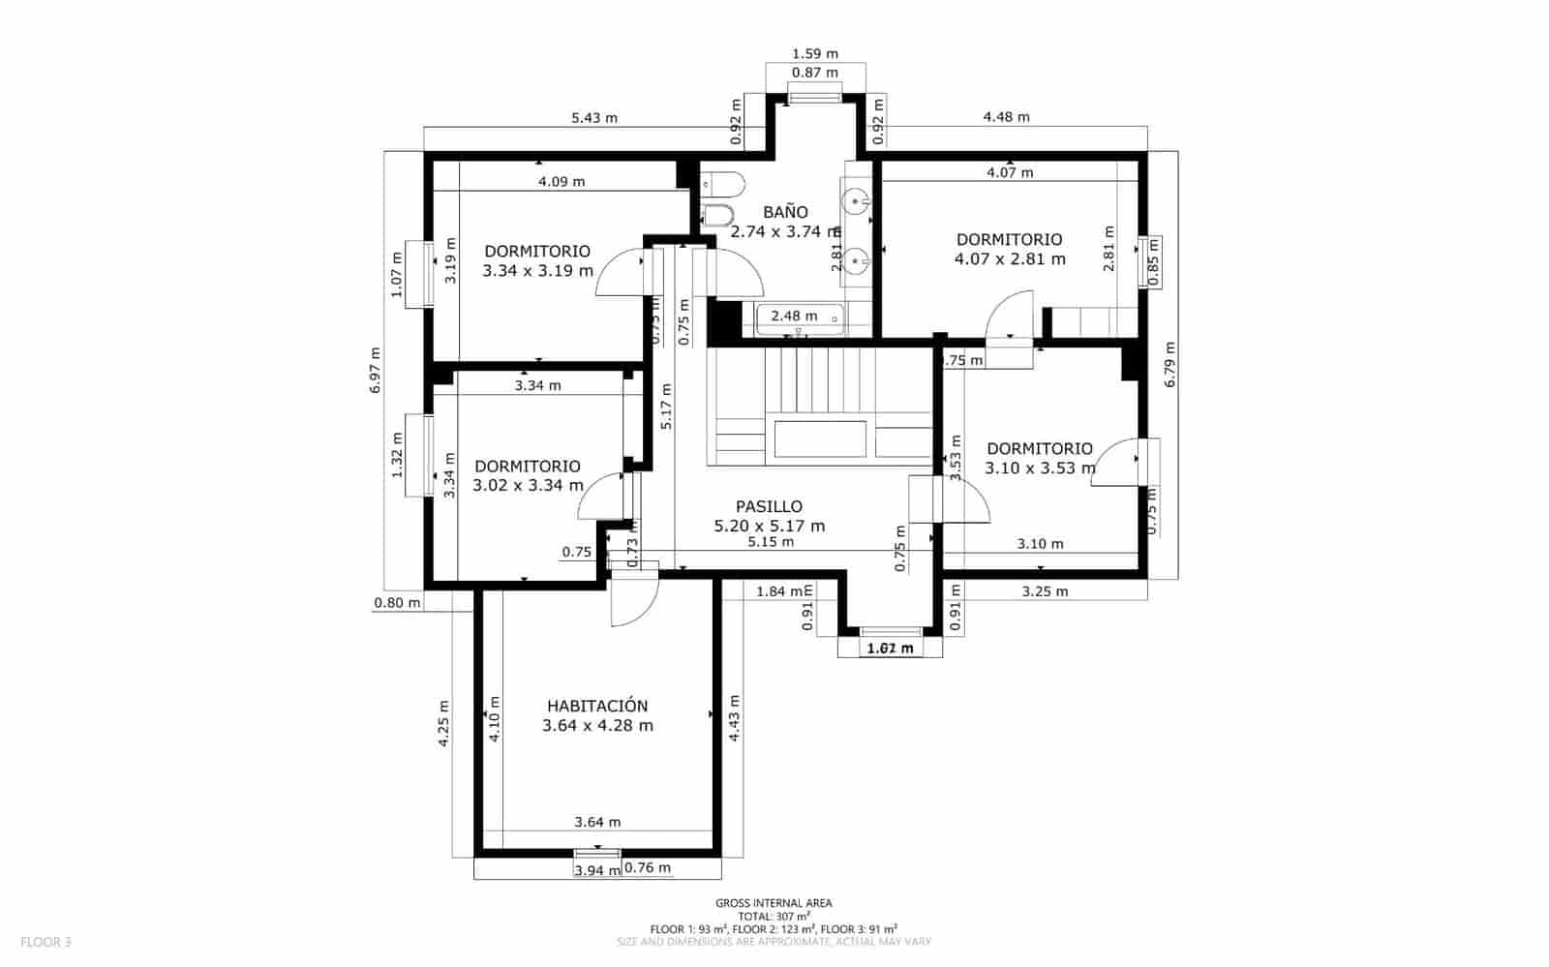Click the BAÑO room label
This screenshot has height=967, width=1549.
point(784,212)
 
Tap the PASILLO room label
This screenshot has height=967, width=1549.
point(769,506)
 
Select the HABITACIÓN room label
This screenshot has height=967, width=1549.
point(596,707)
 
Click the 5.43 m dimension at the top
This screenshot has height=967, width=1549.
point(593,118)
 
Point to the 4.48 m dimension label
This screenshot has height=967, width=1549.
point(1006,117)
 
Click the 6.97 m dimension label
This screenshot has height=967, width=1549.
point(376,369)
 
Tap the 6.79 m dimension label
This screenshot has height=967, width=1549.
point(1169,364)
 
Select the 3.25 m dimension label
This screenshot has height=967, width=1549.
point(1045,590)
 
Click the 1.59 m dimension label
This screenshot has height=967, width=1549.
point(814,54)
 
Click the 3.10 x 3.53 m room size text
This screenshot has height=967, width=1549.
point(1040,468)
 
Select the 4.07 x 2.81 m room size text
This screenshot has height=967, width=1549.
point(1009,259)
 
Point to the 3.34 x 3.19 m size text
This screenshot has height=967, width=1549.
point(537,271)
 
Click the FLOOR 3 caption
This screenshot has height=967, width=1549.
point(46,941)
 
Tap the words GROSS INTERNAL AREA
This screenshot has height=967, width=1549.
point(774,903)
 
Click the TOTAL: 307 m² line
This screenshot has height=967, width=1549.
point(774,916)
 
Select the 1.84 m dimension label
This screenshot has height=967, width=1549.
point(779,590)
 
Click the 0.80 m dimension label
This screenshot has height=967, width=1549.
point(397,603)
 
